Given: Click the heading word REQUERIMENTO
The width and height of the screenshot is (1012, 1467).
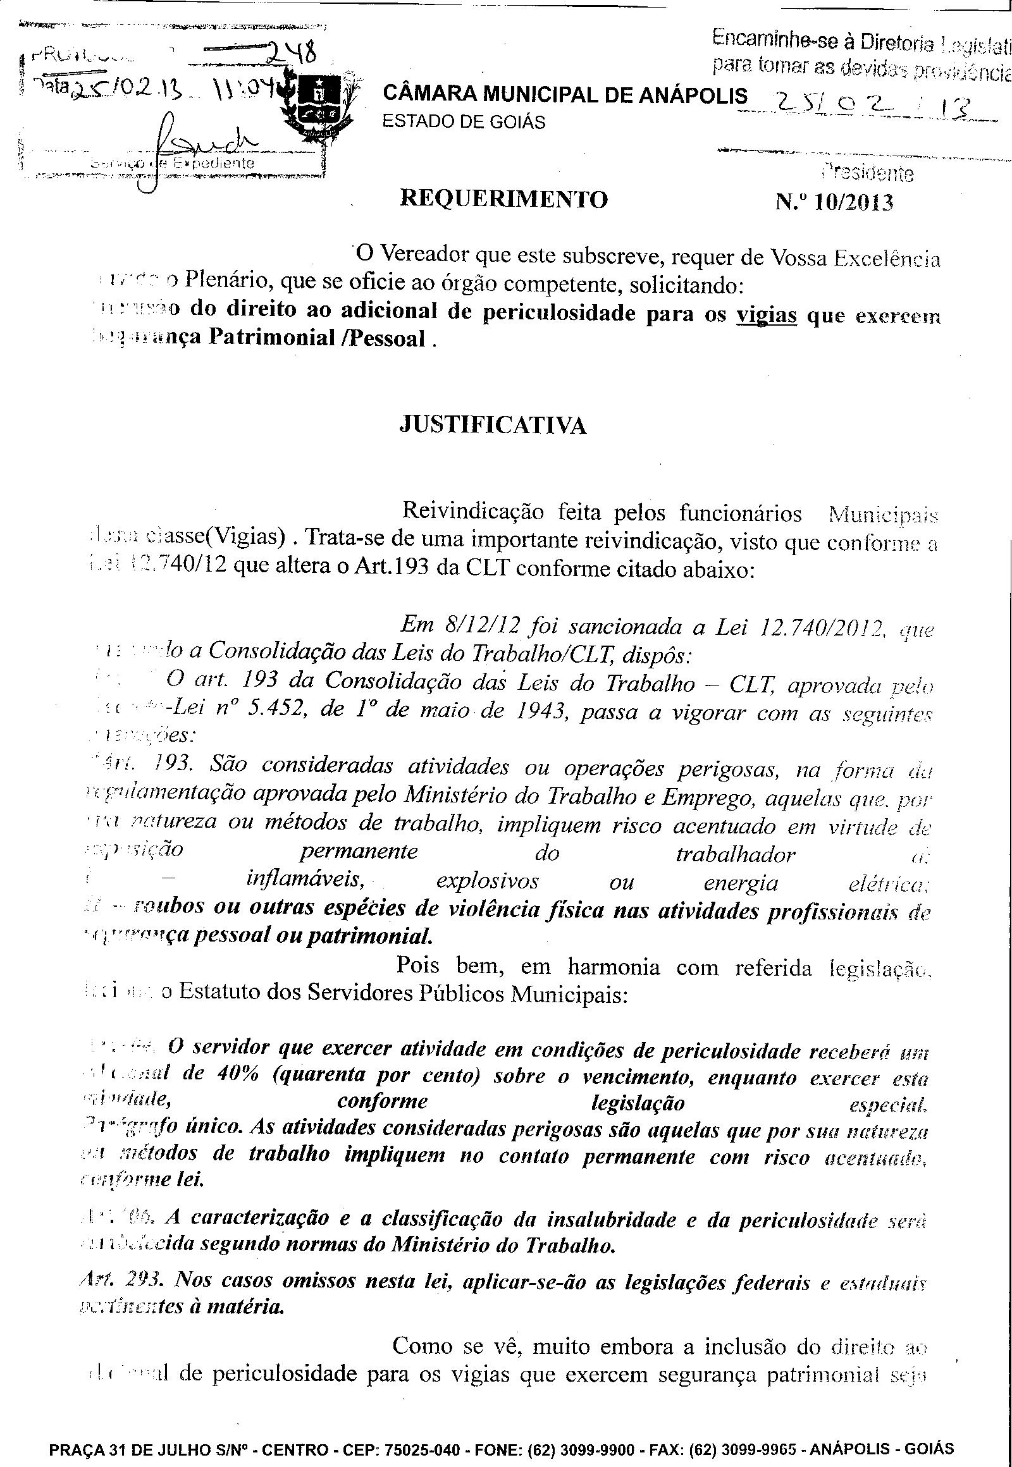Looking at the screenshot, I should click(503, 199).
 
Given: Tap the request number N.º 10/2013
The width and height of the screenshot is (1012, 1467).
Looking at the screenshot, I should click(834, 202).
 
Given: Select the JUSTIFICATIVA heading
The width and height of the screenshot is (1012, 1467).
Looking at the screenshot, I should click(493, 425).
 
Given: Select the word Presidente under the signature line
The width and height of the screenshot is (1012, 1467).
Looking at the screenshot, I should click(867, 173).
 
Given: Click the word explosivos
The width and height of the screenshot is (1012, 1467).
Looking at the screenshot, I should click(488, 882).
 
